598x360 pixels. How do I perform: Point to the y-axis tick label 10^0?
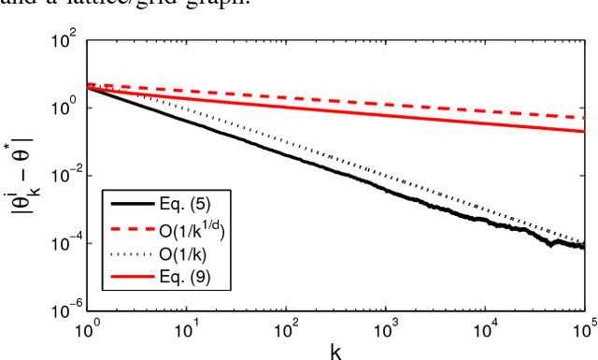67,108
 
